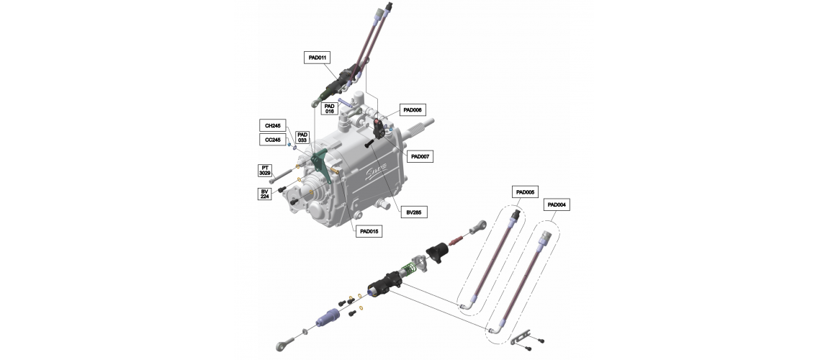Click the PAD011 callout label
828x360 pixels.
[x=317, y=58]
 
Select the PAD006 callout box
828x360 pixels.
[x=412, y=109]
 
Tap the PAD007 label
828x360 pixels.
[x=420, y=156]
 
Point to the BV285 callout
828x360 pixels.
[x=413, y=212]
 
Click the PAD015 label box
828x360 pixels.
[x=369, y=231]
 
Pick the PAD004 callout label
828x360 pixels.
[x=557, y=204]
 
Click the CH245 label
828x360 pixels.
[x=273, y=125]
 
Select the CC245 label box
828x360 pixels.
[x=273, y=140]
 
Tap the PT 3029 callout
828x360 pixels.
[x=264, y=171]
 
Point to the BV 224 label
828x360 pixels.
[x=264, y=194]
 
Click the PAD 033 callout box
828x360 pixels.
[x=302, y=138]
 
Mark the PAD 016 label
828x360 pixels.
[x=330, y=109]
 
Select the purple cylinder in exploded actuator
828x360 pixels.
[x=328, y=317]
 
